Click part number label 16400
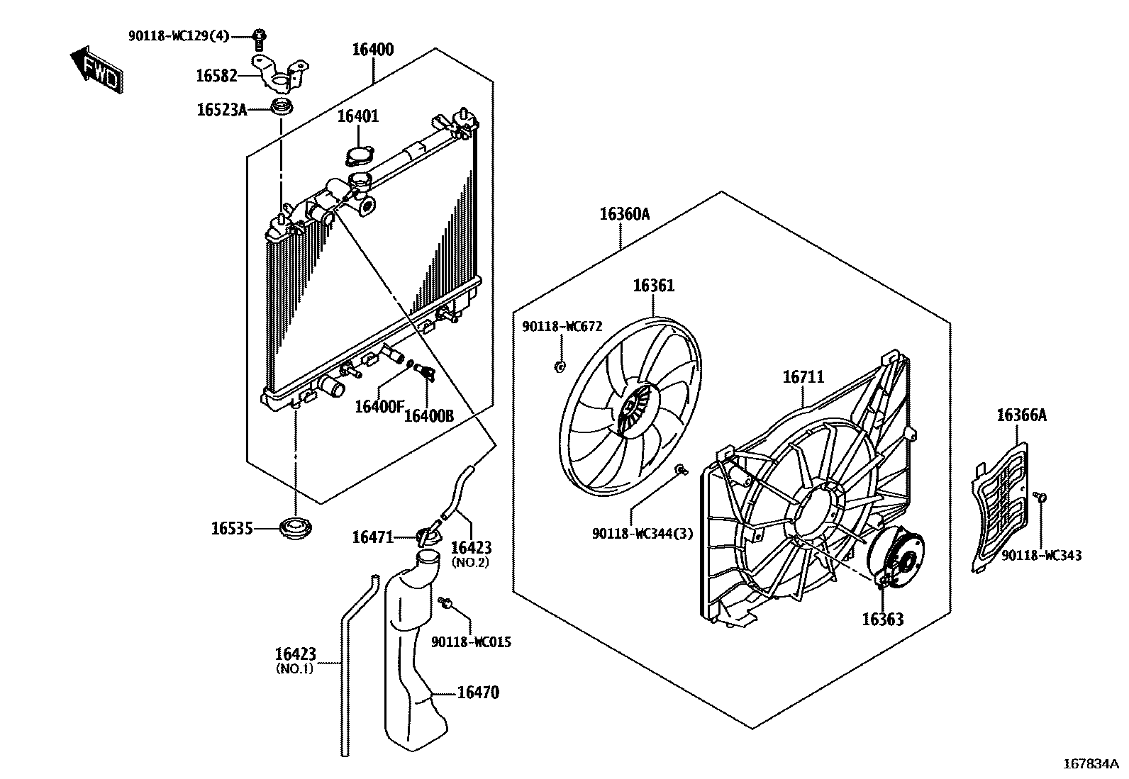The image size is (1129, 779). click(373, 50)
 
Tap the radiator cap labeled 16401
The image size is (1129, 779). click(359, 156)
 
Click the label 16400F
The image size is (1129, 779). click(379, 407)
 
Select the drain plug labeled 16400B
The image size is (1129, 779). click(426, 371)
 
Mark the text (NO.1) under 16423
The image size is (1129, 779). click(294, 668)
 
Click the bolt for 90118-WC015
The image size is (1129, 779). click(446, 603)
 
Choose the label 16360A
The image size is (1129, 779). click(624, 214)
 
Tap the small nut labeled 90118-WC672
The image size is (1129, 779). click(559, 366)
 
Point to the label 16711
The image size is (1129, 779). click(803, 377)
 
